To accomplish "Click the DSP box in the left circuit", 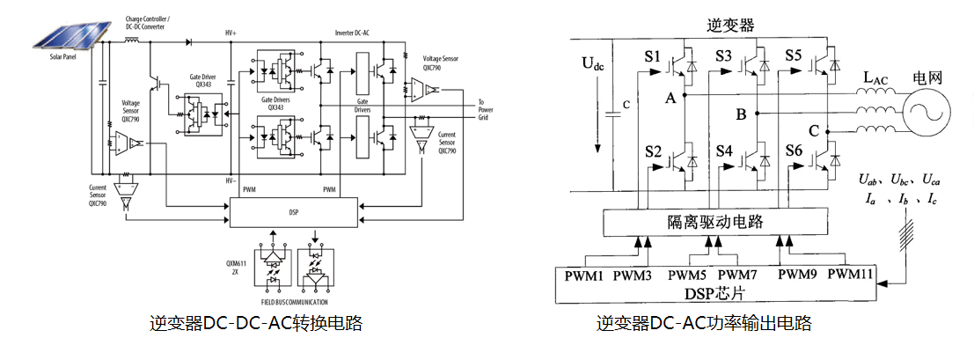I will (293, 212).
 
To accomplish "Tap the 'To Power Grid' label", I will (487, 108).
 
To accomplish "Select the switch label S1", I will (651, 59).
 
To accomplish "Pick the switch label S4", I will (723, 150).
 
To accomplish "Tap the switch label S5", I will (795, 57).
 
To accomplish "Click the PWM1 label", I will (585, 275).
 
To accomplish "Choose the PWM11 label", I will (849, 275).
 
